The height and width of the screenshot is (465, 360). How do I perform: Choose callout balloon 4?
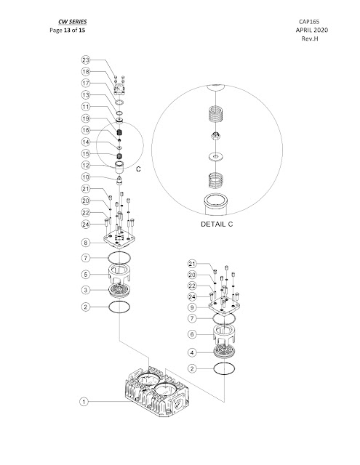(193, 352)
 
